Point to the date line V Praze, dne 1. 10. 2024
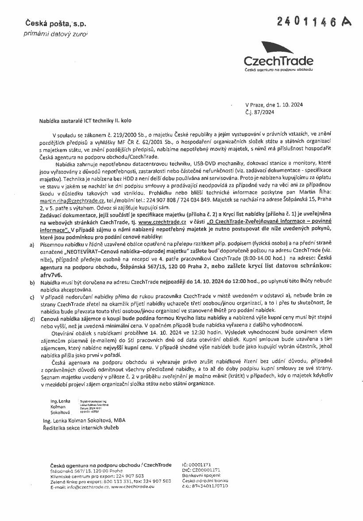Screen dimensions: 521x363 coord(274,105)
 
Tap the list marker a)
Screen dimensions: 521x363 coord(31,244)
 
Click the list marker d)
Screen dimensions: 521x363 coord(31,318)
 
